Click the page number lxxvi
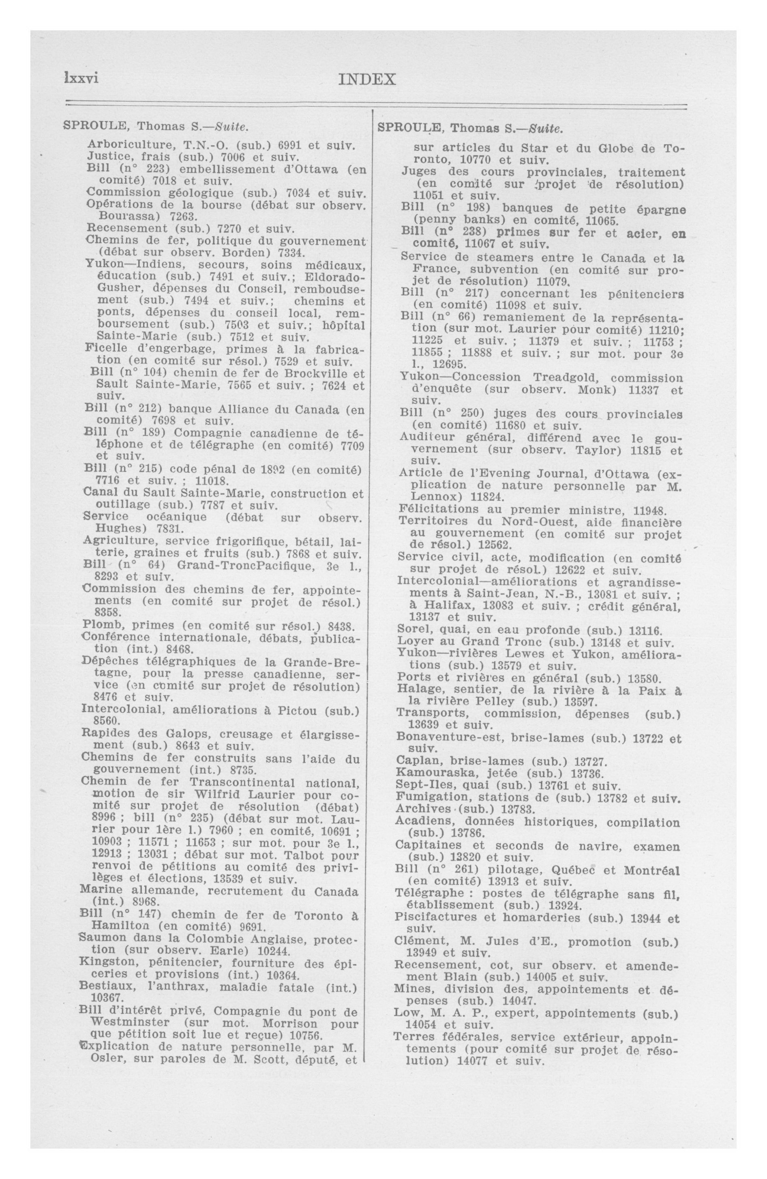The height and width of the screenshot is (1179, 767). click(81, 78)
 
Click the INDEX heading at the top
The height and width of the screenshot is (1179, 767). click(366, 79)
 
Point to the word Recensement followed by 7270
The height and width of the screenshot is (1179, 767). click(127, 229)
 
